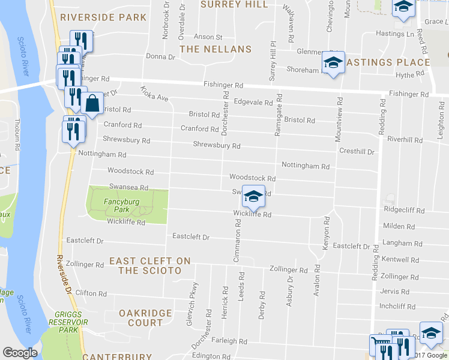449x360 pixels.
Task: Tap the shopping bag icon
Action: tap(93, 104)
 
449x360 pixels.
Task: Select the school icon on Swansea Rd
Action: tap(254, 196)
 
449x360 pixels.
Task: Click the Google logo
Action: tap(20, 353)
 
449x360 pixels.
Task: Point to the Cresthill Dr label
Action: tap(357, 152)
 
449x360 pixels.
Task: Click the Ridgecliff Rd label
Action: tap(404, 211)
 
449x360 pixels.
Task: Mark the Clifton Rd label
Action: tap(91, 293)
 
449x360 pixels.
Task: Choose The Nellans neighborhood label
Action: tap(207, 49)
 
